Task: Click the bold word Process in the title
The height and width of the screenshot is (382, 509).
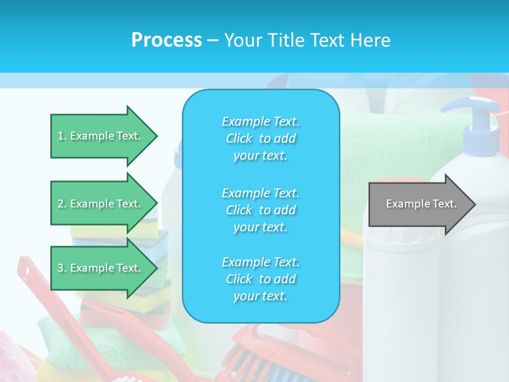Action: (x=166, y=40)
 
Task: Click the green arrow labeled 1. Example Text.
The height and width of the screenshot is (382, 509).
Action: (x=101, y=136)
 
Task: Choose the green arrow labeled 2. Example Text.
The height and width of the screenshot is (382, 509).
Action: (x=101, y=204)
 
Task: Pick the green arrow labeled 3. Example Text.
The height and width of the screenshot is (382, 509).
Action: (x=101, y=268)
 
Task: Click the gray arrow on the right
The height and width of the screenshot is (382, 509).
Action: (x=419, y=204)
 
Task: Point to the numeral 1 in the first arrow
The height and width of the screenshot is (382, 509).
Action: (x=60, y=136)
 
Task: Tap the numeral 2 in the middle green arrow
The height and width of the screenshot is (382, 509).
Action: (x=60, y=204)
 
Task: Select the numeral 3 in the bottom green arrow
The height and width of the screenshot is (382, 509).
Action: (x=60, y=268)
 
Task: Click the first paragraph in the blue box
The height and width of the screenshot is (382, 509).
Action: (x=260, y=138)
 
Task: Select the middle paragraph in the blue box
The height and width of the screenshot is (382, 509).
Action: (x=260, y=210)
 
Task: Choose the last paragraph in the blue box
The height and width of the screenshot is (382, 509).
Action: (x=260, y=279)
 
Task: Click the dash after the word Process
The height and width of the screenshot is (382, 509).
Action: (x=213, y=40)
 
